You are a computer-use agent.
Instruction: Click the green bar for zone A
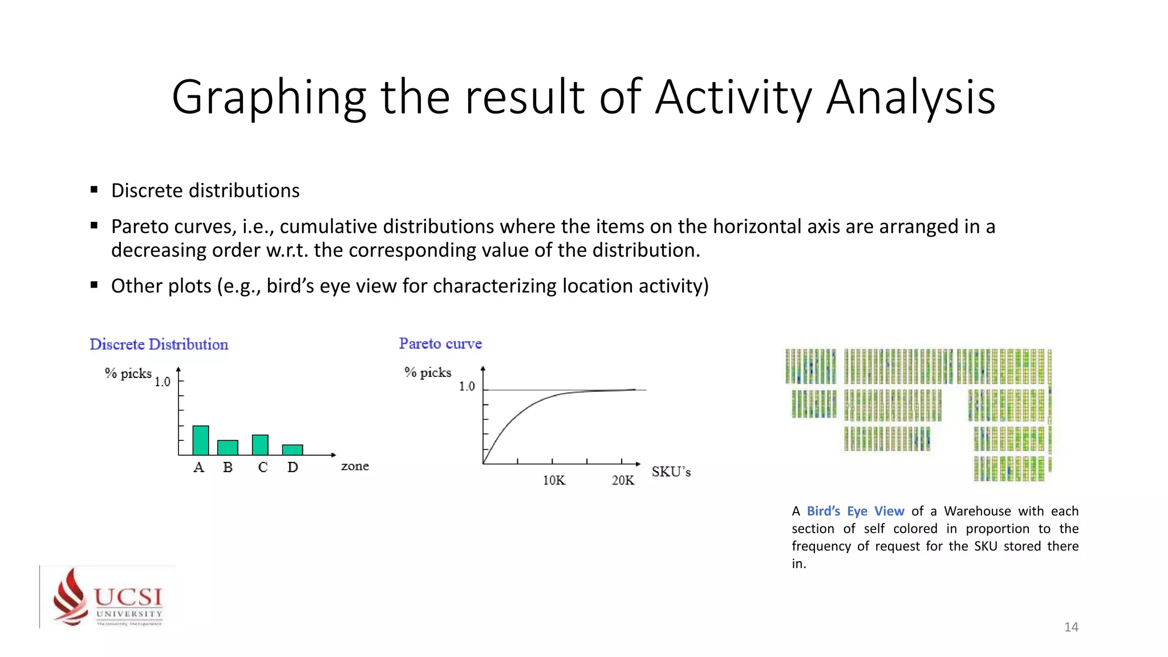pyautogui.click(x=201, y=440)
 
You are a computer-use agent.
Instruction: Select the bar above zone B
pyautogui.click(x=228, y=448)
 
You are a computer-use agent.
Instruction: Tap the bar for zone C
pyautogui.click(x=260, y=445)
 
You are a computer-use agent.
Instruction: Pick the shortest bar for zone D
pyautogui.click(x=293, y=450)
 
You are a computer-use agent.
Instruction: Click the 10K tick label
pyautogui.click(x=554, y=480)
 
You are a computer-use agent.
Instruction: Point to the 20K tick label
pyautogui.click(x=623, y=480)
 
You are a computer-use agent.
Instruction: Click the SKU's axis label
pyautogui.click(x=671, y=472)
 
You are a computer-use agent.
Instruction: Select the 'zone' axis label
pyautogui.click(x=355, y=466)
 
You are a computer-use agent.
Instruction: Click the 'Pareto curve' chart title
pyautogui.click(x=440, y=343)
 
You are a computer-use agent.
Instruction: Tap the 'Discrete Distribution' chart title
pyautogui.click(x=159, y=344)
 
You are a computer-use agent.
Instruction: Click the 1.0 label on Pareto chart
pyautogui.click(x=467, y=386)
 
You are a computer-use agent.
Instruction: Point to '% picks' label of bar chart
pyautogui.click(x=128, y=373)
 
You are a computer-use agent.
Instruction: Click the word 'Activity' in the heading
pyautogui.click(x=733, y=97)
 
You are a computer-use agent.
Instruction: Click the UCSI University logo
pyautogui.click(x=108, y=597)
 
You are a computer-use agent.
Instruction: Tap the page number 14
pyautogui.click(x=1071, y=627)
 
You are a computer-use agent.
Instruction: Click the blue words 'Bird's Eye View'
pyautogui.click(x=855, y=511)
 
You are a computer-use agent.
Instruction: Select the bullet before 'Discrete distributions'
pyautogui.click(x=94, y=190)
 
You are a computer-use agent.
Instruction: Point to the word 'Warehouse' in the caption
pyautogui.click(x=977, y=511)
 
